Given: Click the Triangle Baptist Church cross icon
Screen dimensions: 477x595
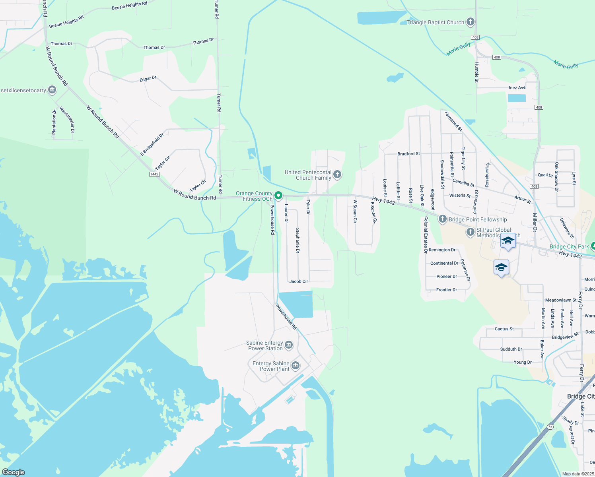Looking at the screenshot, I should click(x=470, y=22).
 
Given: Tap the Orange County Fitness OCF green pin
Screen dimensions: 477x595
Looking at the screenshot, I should click(x=278, y=195).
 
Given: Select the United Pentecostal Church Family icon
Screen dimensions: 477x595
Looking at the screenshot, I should click(x=337, y=174).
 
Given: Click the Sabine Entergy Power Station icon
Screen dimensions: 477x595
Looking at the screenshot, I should click(x=289, y=345).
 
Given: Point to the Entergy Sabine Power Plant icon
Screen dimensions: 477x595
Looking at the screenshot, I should click(x=295, y=365).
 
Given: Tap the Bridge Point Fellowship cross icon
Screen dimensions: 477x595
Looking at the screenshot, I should click(x=442, y=219).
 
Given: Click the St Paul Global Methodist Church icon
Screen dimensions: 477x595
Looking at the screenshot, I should click(x=470, y=232).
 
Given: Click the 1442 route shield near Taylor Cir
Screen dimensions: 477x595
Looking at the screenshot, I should click(x=155, y=174).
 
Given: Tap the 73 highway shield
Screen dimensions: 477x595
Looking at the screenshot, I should click(x=550, y=427).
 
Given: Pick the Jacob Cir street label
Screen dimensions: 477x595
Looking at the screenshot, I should click(x=299, y=281).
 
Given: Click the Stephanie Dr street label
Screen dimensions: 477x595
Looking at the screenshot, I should click(x=297, y=240).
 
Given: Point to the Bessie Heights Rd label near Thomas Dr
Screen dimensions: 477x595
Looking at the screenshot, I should click(x=66, y=21).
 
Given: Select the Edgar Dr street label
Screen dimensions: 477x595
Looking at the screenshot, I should click(x=148, y=79).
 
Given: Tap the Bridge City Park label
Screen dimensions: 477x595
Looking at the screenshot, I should click(x=569, y=246).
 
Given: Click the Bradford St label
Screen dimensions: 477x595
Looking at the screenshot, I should click(x=408, y=154).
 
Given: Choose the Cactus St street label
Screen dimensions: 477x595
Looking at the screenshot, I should click(x=504, y=329).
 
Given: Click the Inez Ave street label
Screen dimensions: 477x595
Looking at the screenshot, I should click(x=517, y=87).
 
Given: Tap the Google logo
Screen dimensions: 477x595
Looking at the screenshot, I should click(x=14, y=472).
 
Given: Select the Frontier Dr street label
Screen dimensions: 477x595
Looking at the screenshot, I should click(x=447, y=290).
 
